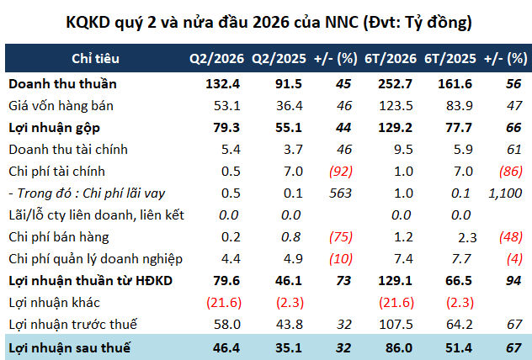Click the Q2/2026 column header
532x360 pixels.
click(216, 59)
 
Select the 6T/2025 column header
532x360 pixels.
click(450, 59)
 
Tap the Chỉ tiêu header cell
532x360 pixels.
click(95, 59)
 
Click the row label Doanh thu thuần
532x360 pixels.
click(62, 84)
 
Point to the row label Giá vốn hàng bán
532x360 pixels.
click(61, 106)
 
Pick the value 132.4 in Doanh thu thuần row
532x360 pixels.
click(222, 84)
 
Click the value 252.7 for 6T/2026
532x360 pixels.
click(396, 84)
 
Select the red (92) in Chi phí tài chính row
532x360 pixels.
click(341, 172)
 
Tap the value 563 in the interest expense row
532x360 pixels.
click(340, 193)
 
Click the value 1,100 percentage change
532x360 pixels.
click(505, 193)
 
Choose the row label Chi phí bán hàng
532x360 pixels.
click(59, 237)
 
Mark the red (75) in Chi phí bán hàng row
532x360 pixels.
click(341, 237)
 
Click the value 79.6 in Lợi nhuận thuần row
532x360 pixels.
click(226, 281)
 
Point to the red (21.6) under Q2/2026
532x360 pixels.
click(224, 302)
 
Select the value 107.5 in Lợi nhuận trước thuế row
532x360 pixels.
click(396, 325)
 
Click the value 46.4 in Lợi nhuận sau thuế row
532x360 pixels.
click(226, 347)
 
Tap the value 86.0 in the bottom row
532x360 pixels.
click(399, 347)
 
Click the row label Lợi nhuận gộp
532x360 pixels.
click(54, 128)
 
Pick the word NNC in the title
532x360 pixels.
click(342, 23)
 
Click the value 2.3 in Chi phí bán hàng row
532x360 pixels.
click(467, 238)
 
